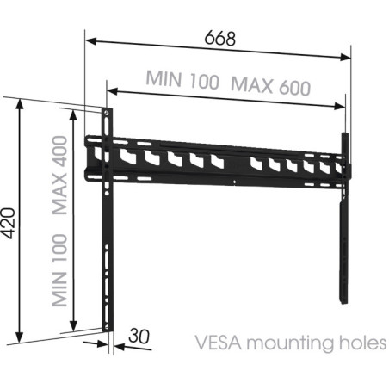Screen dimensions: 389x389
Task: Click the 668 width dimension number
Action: coord(220,39)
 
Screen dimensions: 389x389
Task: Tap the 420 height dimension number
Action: coord(8,223)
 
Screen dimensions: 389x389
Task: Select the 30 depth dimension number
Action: coord(139,336)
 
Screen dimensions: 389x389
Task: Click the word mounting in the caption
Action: coord(290,343)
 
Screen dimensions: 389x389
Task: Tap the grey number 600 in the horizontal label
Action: coord(294,87)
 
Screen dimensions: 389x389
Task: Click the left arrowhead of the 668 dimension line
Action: coord(90,41)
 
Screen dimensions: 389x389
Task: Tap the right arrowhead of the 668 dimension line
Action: coord(345,57)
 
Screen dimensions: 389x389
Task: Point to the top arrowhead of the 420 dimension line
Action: coord(20,104)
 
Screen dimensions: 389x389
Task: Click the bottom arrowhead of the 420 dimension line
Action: coord(20,337)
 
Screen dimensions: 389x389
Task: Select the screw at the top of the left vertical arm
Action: coord(107,113)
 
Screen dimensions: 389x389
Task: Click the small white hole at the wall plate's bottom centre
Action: coord(234,182)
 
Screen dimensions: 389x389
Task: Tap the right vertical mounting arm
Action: coord(344,218)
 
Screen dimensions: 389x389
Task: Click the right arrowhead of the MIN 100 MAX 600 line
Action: coord(339,106)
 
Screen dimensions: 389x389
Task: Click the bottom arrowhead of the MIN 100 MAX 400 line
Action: coord(74,326)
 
